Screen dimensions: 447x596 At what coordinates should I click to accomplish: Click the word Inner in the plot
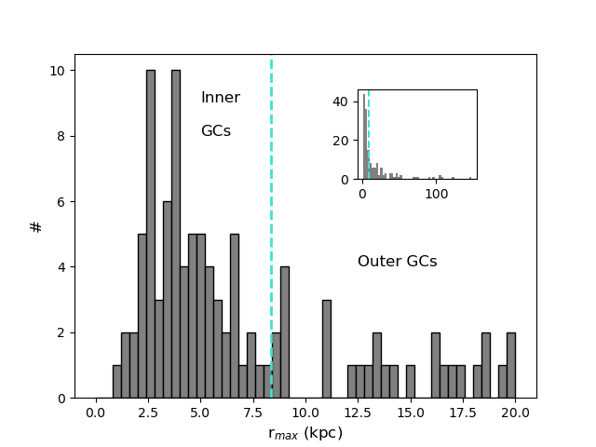[220, 98]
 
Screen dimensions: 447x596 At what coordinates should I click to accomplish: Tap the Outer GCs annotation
[397, 262]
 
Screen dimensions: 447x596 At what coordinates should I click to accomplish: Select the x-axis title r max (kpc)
[305, 433]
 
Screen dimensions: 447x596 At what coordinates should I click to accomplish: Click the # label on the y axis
[36, 226]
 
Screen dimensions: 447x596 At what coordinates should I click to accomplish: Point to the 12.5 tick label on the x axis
[358, 413]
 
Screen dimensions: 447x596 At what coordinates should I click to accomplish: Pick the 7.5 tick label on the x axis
[252, 413]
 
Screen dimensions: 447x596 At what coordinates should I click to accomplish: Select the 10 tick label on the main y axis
[57, 71]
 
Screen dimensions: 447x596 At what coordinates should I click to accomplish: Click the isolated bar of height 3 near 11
[327, 349]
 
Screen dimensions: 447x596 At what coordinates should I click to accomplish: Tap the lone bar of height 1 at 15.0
[411, 382]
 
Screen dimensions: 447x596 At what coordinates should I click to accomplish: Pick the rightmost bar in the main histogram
[511, 365]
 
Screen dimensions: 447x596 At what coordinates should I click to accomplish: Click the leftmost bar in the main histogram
[117, 382]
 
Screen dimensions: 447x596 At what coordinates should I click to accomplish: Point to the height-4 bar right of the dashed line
[285, 332]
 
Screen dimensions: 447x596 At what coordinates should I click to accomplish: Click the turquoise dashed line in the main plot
[271, 186]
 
